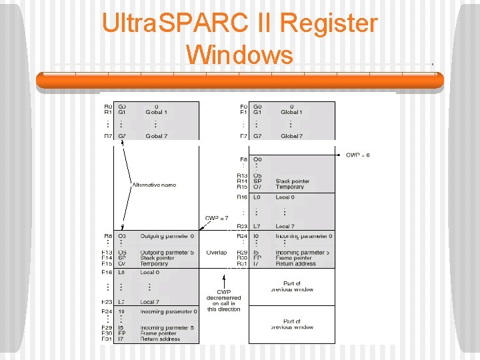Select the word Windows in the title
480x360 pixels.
pos(239,54)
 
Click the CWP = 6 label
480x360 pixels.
pos(357,155)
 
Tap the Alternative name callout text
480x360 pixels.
pos(154,185)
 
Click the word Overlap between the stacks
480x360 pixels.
pos(217,253)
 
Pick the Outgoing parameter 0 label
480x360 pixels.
pos(167,236)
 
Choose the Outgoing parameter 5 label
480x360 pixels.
pos(167,253)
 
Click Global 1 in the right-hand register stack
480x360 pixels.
pos(290,113)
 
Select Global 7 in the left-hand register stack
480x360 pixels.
pos(156,136)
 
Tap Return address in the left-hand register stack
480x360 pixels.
pos(160,339)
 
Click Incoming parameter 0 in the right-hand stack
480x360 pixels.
pos(304,236)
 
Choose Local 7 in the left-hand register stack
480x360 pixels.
pos(149,302)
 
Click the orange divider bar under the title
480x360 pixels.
pos(239,81)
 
